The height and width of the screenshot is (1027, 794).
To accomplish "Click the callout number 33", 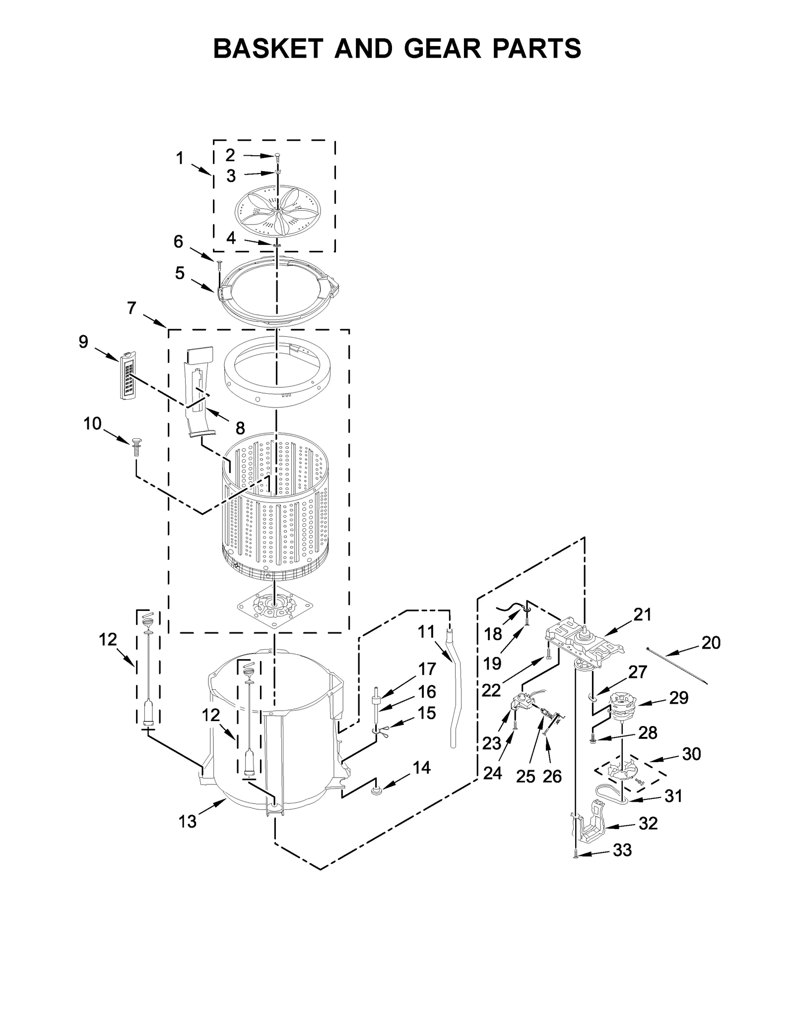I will (x=622, y=849).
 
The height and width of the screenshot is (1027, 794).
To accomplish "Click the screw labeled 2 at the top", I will (x=277, y=156).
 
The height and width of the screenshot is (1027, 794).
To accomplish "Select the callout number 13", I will (x=188, y=822).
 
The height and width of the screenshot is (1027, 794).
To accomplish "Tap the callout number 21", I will (x=642, y=614).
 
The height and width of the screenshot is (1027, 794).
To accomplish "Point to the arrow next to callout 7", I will (x=155, y=321).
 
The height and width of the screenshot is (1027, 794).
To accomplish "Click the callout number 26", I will (x=552, y=776).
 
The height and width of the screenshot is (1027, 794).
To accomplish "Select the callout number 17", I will (x=427, y=669).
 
